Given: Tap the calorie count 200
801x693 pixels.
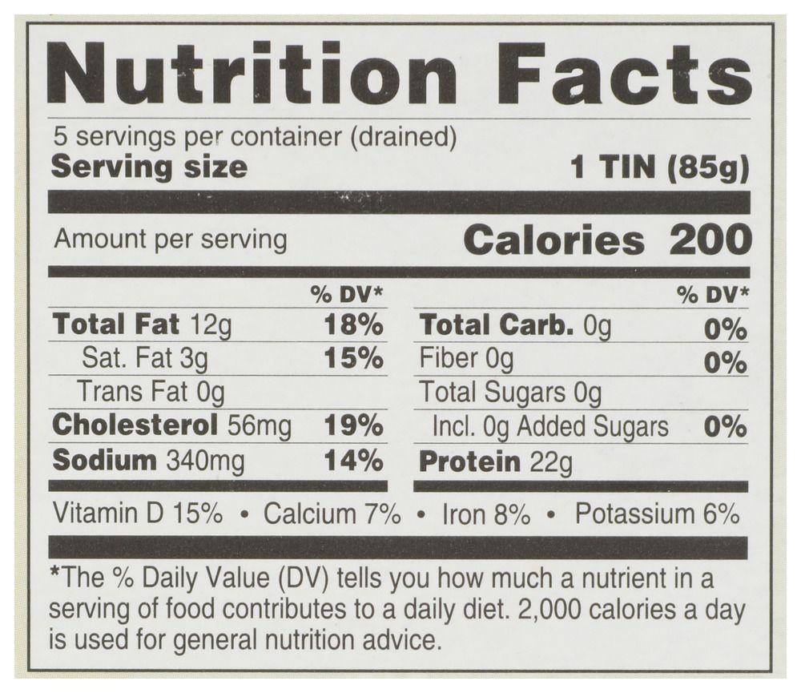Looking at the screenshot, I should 710,240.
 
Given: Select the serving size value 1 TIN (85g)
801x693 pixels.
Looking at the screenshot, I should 659,168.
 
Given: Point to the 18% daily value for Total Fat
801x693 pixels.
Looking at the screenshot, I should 353,324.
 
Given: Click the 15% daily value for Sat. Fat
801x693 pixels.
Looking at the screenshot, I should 353,358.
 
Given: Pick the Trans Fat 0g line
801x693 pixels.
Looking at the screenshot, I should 150,392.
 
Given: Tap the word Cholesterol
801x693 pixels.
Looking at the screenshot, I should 135,425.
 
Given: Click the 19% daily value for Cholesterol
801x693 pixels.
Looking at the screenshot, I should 353,425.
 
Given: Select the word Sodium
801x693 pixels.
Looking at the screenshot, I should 104,460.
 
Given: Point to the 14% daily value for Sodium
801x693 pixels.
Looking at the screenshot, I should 353,460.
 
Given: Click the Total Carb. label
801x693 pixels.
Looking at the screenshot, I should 497,324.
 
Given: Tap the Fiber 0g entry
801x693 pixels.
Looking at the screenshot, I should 466,358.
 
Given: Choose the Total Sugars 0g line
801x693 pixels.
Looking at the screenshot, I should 510,392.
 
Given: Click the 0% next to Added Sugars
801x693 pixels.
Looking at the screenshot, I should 725,426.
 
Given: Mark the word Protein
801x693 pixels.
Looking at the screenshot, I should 469,461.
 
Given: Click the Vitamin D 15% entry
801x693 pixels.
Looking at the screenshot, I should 137,514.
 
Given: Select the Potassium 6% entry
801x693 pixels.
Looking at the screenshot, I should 657,514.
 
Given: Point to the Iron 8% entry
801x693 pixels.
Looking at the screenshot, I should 485,514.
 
